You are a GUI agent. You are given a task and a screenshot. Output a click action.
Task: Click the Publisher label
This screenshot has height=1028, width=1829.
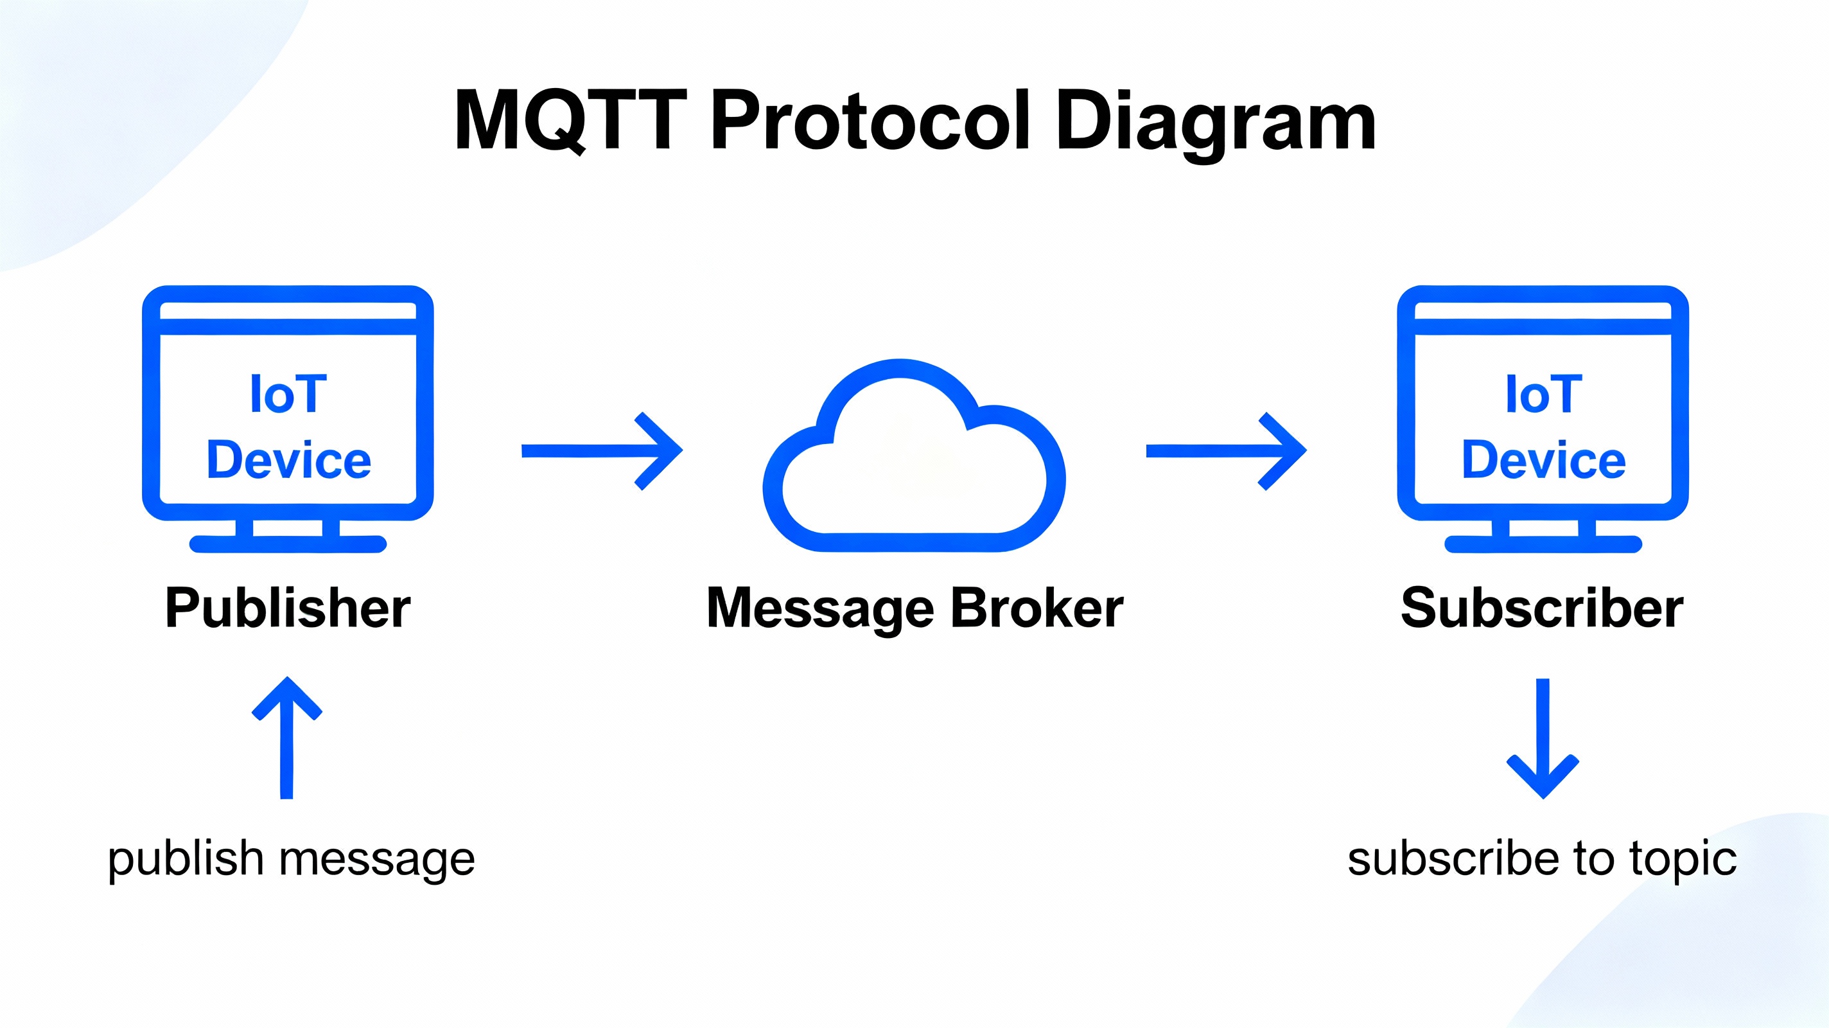click(288, 608)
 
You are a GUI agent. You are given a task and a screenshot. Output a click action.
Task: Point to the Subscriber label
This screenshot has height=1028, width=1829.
click(1541, 608)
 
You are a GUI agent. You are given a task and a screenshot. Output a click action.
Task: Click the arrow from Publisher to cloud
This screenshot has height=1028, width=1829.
click(602, 450)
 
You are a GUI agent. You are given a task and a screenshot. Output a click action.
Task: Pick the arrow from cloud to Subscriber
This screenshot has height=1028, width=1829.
click(1226, 450)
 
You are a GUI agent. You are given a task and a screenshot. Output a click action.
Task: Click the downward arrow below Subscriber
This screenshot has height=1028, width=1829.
click(1542, 739)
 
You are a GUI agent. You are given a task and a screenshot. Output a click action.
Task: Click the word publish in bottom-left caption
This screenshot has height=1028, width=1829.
click(186, 860)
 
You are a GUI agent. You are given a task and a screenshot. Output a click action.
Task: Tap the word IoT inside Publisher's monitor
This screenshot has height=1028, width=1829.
click(288, 394)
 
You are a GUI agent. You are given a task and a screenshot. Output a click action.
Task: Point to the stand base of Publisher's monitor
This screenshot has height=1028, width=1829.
click(288, 544)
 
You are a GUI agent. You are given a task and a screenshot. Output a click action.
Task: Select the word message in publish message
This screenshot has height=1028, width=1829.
click(377, 860)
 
